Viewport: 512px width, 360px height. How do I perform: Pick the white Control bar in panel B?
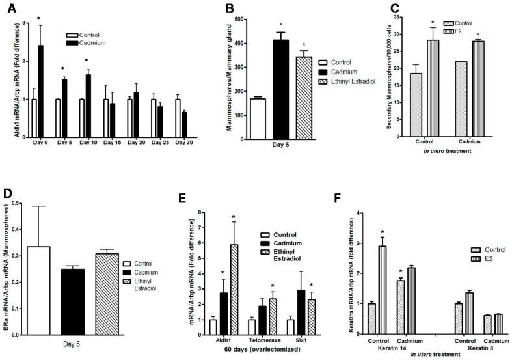253,119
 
